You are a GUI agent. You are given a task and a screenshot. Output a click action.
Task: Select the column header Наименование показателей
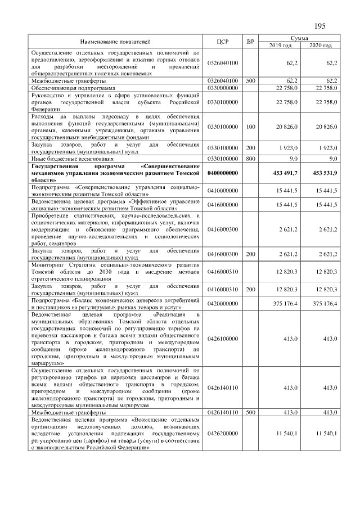tap(115, 42)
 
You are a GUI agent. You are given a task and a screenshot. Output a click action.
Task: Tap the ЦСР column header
tap(223, 42)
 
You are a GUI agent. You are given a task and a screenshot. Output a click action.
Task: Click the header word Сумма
tap(298, 37)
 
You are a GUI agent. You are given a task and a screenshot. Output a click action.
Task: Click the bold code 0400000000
tap(223, 174)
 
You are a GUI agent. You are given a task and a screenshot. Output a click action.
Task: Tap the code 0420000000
tap(223, 305)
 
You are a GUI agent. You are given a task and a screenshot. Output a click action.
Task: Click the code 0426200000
tap(223, 434)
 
